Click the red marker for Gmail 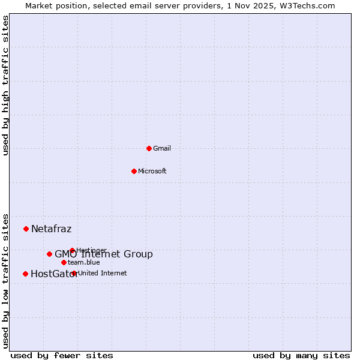tap(149, 148)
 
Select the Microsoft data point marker tap(134, 171)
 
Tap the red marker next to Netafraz tap(26, 229)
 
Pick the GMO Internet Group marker tap(49, 254)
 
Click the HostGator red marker tap(25, 274)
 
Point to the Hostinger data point tap(72, 250)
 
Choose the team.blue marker tap(64, 262)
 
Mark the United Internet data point tap(74, 273)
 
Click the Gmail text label tap(162, 148)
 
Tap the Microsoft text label tap(152, 171)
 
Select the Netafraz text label tap(51, 229)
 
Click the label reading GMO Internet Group tap(103, 254)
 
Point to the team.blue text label tap(83, 262)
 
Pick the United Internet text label tap(102, 273)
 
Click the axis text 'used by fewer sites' tap(62, 355)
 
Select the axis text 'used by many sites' tap(301, 355)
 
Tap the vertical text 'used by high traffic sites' tap(5, 85)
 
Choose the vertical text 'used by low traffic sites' tap(5, 280)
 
